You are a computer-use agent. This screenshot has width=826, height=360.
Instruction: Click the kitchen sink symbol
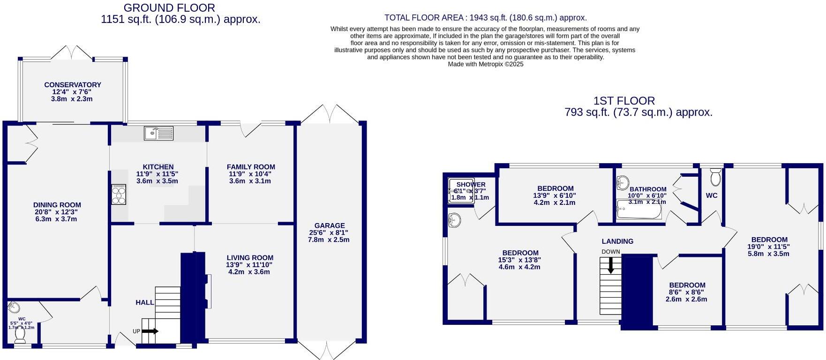coord(159,133)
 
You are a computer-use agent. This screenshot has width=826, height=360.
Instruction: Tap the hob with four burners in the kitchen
coord(119,194)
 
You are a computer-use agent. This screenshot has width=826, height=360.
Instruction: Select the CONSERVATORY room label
coord(73,85)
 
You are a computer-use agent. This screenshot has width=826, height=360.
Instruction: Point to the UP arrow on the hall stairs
coord(150,331)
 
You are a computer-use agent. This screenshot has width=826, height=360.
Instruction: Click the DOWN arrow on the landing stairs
coord(610,266)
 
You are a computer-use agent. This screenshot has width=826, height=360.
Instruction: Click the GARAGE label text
coord(330,225)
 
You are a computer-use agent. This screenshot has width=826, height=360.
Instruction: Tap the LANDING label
coord(617,241)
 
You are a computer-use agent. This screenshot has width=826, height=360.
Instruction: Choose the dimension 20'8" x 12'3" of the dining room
coord(57,212)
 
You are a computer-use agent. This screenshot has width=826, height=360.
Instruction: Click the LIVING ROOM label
coord(250,257)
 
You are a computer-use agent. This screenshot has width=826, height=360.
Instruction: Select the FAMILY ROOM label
coord(251,167)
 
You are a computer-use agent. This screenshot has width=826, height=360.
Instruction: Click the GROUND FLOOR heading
coord(169,8)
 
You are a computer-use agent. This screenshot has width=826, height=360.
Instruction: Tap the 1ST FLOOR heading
coord(624,101)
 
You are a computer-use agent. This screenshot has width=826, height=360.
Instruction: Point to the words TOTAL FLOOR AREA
coord(424,18)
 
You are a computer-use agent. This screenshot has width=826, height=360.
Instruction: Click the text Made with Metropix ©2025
coord(485,64)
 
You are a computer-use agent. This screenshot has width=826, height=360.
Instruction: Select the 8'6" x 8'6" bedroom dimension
coord(687,292)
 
